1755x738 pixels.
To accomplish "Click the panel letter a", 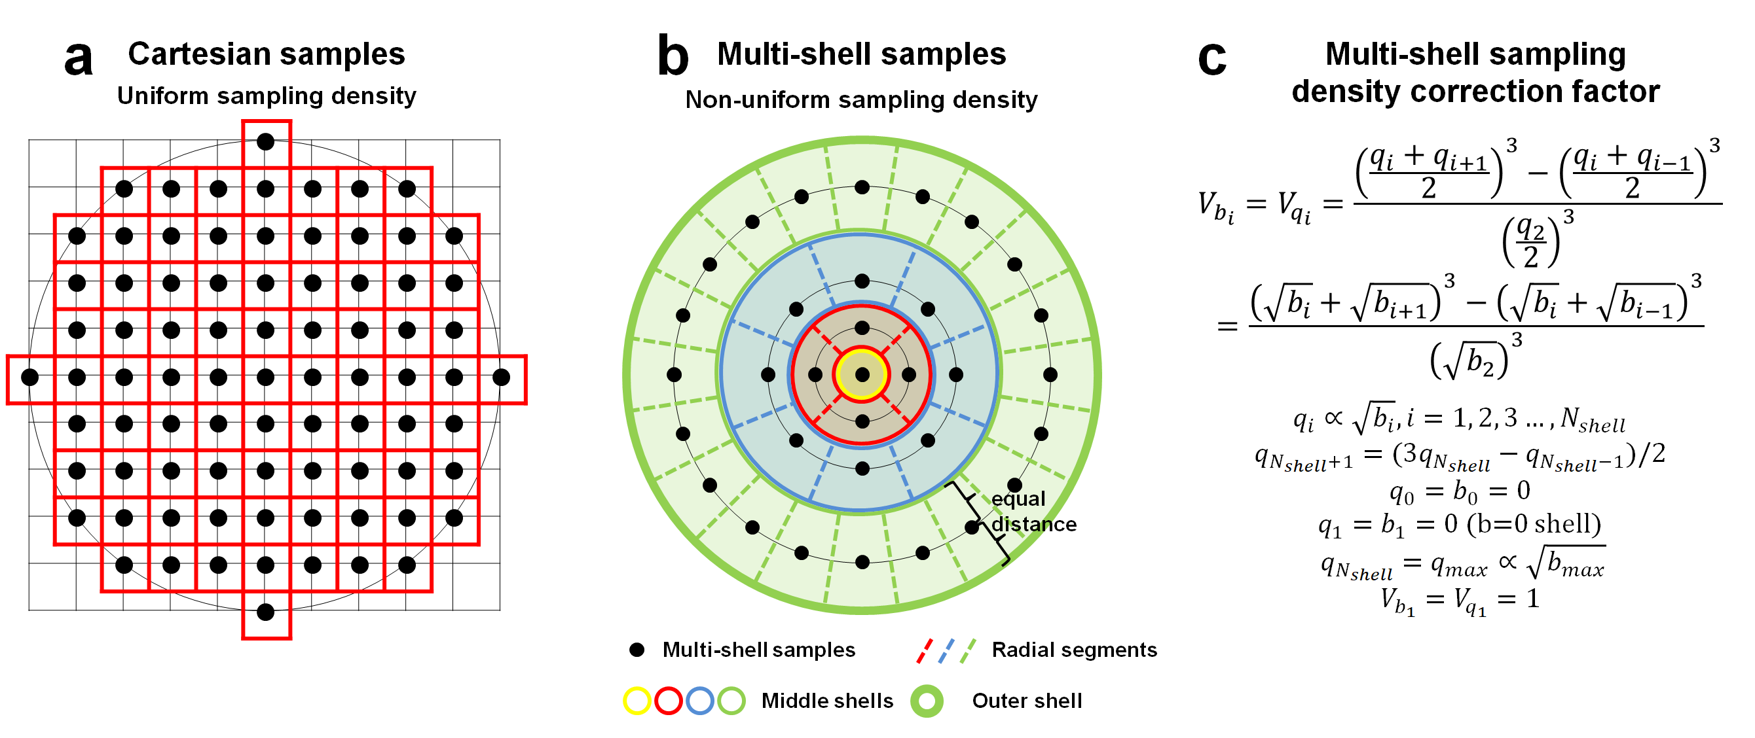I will click(x=79, y=58).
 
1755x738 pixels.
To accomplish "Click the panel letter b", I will click(x=673, y=56).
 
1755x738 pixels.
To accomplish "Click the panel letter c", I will click(x=1211, y=58).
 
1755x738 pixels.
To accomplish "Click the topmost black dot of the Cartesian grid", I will click(x=266, y=141).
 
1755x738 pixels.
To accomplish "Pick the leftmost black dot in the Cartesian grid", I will click(x=30, y=376).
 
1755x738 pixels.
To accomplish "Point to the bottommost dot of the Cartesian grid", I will click(x=266, y=612).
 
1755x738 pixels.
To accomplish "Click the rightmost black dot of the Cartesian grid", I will click(x=502, y=376).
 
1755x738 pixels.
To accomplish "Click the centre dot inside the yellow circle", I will click(x=862, y=374).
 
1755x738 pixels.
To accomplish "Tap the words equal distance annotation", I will click(x=1032, y=511).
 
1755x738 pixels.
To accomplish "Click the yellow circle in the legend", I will click(x=637, y=701).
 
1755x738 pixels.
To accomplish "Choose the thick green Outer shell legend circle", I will click(x=927, y=701).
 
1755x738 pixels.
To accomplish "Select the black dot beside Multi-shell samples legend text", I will click(x=637, y=650).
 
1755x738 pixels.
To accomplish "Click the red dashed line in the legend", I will click(x=924, y=650).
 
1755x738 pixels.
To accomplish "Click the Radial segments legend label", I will click(x=1074, y=650).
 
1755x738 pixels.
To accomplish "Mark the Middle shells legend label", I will click(x=826, y=701).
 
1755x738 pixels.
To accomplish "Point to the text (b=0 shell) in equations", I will click(x=1533, y=523).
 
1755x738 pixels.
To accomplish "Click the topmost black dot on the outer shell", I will click(x=862, y=187).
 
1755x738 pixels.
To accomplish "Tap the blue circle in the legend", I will click(x=699, y=701).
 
